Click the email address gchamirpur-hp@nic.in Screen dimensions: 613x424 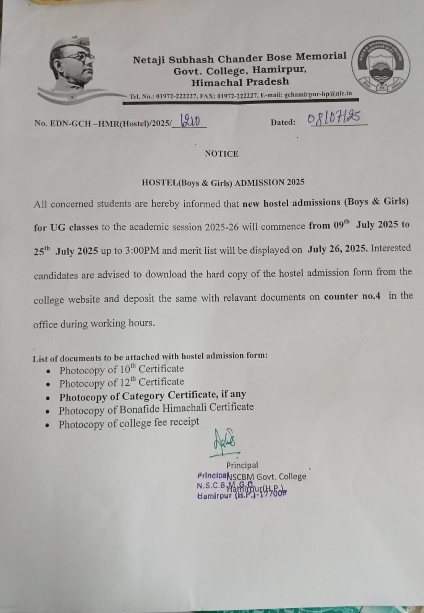(x=318, y=95)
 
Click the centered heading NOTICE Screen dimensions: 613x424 (x=221, y=154)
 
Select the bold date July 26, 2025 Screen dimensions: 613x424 (x=338, y=249)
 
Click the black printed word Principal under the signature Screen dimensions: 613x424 (x=242, y=465)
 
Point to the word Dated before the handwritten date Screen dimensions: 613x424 (x=283, y=123)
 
